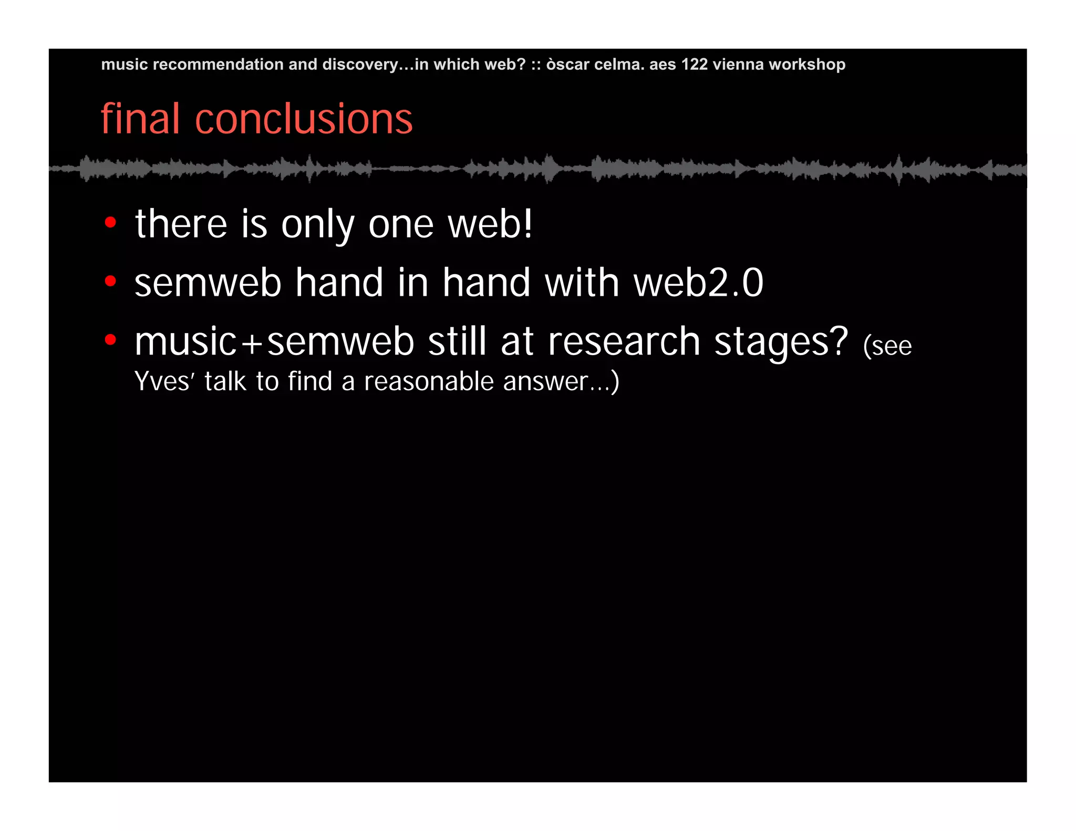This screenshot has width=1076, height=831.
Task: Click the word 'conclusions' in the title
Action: coord(304,119)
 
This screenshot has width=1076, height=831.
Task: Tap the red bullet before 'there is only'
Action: coord(110,223)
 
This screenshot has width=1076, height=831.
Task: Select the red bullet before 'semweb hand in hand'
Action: coord(110,282)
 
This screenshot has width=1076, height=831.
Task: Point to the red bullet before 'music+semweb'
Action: coord(110,340)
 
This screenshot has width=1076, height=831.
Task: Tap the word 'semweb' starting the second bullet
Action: coord(208,283)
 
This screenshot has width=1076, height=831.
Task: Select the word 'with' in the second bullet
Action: coord(582,283)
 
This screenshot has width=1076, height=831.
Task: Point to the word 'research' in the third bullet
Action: coord(624,342)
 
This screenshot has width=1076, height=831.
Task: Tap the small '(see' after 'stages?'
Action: coord(887,346)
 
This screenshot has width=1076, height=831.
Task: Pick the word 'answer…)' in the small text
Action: coord(561,382)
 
